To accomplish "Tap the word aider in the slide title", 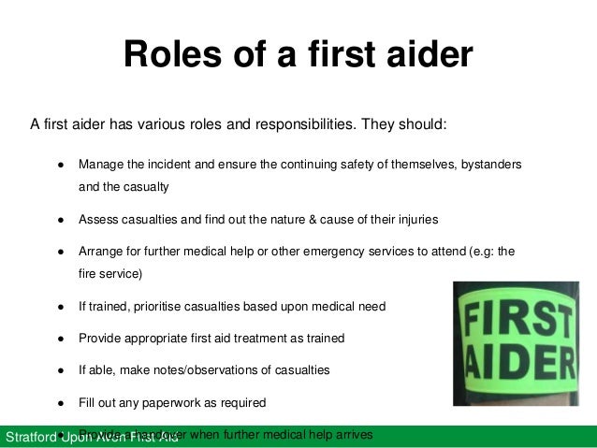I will click(x=427, y=55).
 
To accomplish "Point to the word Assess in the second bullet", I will click(x=98, y=220).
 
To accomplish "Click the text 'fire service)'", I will click(x=109, y=275).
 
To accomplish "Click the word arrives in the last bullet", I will click(x=353, y=435).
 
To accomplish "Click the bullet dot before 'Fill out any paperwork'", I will click(x=60, y=403).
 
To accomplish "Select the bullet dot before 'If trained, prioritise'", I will click(x=60, y=306).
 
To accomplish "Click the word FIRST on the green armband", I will click(x=523, y=317).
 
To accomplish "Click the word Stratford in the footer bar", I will click(x=30, y=438).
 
